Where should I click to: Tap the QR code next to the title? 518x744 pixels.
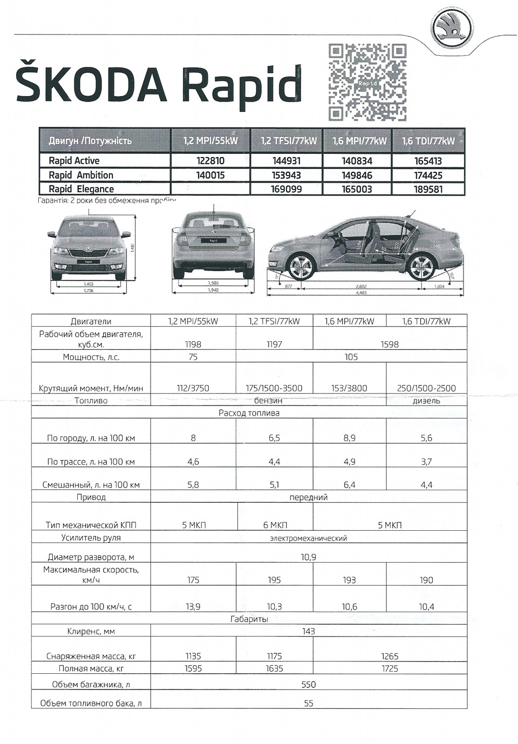[x=367, y=82]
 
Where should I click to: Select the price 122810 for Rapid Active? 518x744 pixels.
[x=210, y=161]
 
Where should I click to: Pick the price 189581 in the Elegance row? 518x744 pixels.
[x=428, y=190]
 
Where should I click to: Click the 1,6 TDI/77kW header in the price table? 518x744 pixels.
[x=428, y=141]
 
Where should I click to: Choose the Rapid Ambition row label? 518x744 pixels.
[x=81, y=175]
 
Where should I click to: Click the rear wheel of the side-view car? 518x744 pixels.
[x=421, y=267]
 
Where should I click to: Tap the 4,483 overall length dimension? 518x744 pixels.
[x=362, y=293]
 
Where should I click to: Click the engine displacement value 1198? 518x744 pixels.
[x=193, y=344]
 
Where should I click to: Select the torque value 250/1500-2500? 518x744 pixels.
[x=426, y=388]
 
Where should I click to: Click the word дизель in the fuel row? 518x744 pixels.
[x=426, y=401]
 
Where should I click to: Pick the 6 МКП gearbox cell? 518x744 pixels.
[x=275, y=525]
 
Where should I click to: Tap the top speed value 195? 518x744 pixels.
[x=274, y=580]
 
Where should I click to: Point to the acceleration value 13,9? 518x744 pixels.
[x=193, y=606]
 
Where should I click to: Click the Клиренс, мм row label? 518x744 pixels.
[x=91, y=631]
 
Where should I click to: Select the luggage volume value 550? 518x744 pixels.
[x=308, y=685]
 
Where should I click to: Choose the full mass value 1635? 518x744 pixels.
[x=274, y=668]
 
